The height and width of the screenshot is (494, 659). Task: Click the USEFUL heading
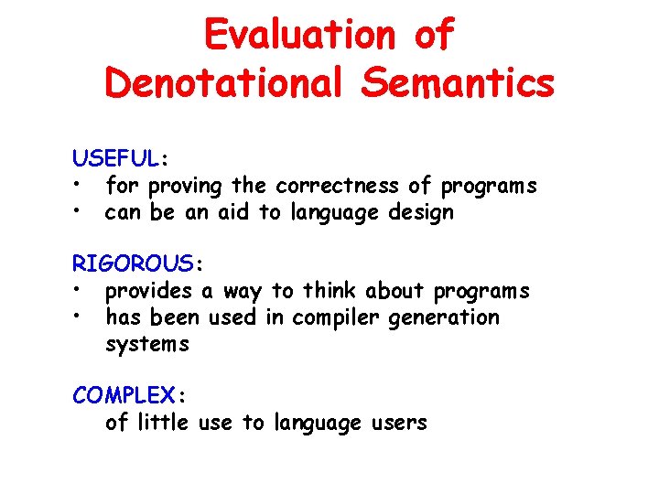[x=116, y=159]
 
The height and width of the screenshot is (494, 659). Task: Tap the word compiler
[x=341, y=318]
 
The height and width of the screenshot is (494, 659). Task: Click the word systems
[x=146, y=345]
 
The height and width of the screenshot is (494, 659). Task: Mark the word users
[x=396, y=424]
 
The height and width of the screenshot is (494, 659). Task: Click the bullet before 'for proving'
[x=81, y=187]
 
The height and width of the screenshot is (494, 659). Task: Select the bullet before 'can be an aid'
[x=81, y=213]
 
